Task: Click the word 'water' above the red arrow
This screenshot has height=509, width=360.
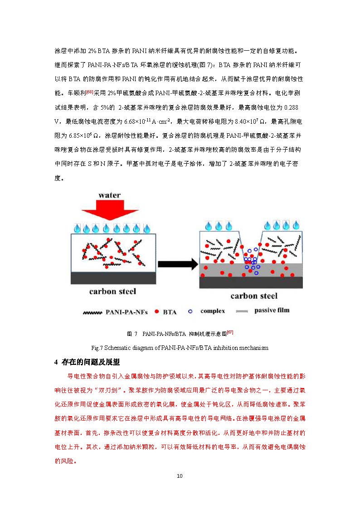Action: pos(109,195)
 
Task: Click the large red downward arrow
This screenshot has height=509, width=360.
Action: pos(110,210)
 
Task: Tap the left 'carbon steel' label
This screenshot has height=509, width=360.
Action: pos(112,291)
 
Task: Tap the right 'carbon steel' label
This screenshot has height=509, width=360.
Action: pos(254,296)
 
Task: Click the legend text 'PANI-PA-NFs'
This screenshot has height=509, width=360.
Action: pos(126,312)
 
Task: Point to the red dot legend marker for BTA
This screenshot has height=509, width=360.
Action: pos(157,312)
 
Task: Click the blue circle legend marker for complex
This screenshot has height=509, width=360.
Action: pos(190,312)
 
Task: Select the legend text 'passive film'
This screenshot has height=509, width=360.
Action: pos(272,310)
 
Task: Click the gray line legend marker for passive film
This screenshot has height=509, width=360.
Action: pos(242,312)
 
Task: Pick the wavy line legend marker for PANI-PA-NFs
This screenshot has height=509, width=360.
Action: pos(92,313)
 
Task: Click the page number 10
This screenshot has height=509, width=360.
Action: pos(180,476)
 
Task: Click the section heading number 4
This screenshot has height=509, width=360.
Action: pos(56,362)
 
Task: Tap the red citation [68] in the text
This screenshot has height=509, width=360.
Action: pos(90,92)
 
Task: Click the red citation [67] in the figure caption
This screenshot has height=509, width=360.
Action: pos(230,332)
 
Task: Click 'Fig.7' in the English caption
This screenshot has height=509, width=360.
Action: pos(97,348)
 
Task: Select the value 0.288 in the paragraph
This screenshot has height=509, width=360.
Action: pos(291,107)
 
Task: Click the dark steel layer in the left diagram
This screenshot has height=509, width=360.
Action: pos(113,278)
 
